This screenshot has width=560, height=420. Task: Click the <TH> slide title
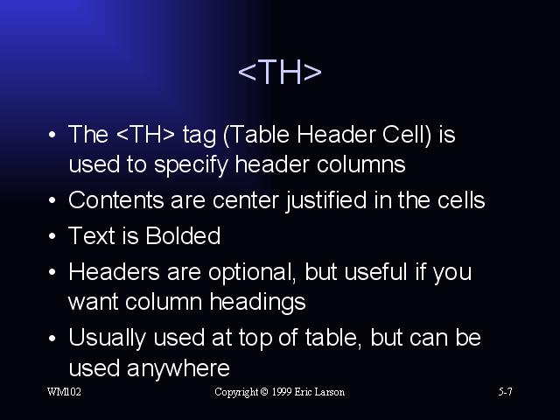pos(280,72)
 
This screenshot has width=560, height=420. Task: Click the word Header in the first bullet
pos(336,134)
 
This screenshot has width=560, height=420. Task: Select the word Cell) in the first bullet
pos(407,135)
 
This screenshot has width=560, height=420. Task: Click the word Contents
pos(116,200)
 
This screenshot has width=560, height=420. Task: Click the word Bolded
pos(183,235)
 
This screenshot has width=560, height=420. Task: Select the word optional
pos(252,273)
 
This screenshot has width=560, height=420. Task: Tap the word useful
pos(375,271)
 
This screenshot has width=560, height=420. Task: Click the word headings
pos(257,303)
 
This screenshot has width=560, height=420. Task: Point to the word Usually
pos(107,339)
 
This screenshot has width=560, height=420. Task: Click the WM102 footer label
pos(64,392)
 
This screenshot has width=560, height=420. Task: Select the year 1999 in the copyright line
pos(282,392)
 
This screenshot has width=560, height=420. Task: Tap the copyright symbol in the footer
pos(264,392)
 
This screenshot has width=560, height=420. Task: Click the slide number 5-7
pos(506,392)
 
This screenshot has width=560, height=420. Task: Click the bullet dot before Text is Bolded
pos(52,236)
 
